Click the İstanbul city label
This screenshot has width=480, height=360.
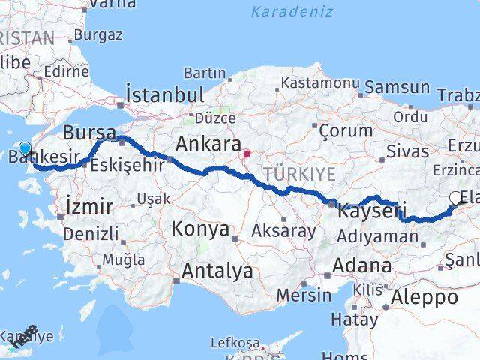[x=165, y=95]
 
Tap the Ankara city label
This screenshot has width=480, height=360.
[x=208, y=144]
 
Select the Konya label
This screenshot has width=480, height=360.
[x=200, y=229]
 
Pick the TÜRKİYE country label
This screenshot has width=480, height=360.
[x=298, y=175]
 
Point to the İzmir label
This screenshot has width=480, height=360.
[x=89, y=205]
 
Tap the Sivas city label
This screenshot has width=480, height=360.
[x=407, y=151]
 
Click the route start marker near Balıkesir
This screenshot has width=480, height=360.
[x=25, y=149]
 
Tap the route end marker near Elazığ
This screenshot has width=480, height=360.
[x=456, y=198]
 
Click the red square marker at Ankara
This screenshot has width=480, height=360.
[x=247, y=154]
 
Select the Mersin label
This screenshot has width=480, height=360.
[x=303, y=295]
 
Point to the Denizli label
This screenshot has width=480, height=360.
[x=90, y=234]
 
